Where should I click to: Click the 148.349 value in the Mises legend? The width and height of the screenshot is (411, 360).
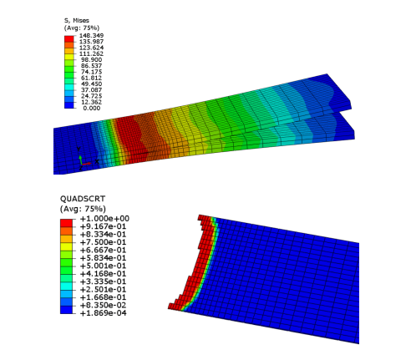(x=91, y=36)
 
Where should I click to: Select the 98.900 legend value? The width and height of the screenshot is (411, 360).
(x=91, y=60)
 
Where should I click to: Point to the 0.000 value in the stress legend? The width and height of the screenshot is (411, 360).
(x=92, y=108)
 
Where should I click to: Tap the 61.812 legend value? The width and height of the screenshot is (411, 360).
(x=91, y=78)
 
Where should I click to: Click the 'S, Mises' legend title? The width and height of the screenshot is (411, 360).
(x=77, y=21)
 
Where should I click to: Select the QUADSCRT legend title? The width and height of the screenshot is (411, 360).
(x=83, y=199)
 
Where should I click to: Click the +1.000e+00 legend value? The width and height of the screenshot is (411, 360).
(x=104, y=219)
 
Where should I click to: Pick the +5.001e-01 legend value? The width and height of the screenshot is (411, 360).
(x=103, y=266)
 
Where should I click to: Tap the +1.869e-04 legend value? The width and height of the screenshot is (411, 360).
(x=103, y=313)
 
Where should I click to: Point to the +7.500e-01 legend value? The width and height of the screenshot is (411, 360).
(x=103, y=242)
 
